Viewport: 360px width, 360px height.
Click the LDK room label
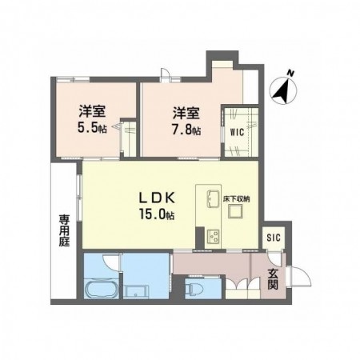(157, 198)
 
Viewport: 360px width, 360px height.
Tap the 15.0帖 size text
(157, 214)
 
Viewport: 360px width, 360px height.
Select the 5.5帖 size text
(92, 128)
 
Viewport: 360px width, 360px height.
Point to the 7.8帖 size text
(186, 130)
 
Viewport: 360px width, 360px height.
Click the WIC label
(237, 132)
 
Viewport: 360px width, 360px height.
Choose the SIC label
(274, 237)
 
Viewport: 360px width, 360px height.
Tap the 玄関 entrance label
(273, 279)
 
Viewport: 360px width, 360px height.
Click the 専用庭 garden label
(64, 231)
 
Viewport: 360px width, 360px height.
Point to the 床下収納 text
(237, 198)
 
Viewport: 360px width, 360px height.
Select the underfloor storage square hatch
(235, 212)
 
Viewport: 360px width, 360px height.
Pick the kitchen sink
(213, 199)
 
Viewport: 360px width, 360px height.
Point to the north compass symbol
(283, 90)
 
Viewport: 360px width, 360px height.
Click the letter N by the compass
(290, 73)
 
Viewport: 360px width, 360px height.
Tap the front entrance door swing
(298, 276)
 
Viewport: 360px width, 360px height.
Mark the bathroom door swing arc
(111, 262)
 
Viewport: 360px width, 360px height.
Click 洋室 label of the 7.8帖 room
(186, 113)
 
